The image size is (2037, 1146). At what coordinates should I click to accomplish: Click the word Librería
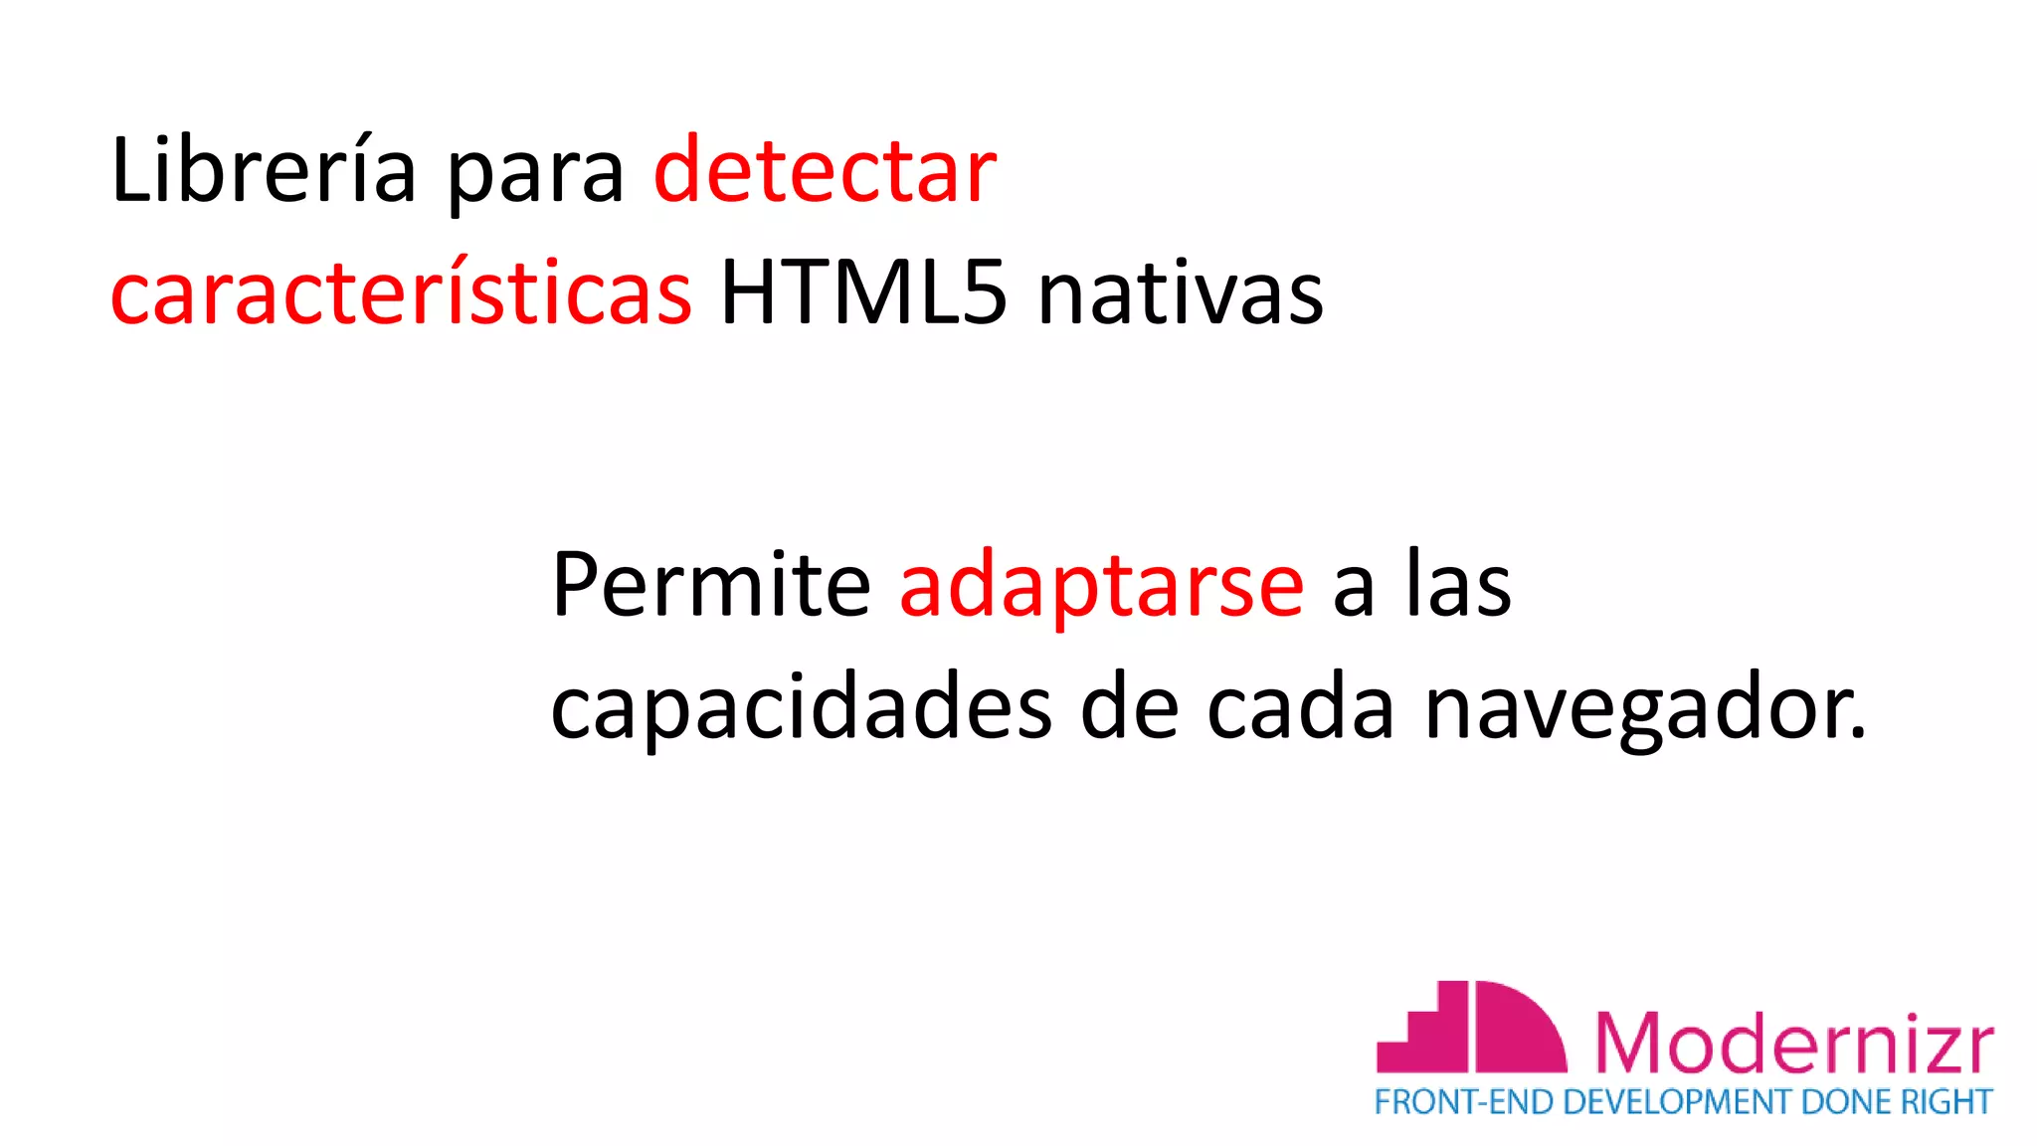(263, 171)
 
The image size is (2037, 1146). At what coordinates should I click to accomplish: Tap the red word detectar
(825, 171)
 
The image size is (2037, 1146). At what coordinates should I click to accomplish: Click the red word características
(401, 293)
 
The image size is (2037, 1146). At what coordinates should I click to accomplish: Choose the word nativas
(1180, 293)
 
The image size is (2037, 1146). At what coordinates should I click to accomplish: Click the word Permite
(711, 585)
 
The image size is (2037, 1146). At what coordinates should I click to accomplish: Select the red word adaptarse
(1101, 587)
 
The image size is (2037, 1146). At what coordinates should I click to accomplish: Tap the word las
(1458, 585)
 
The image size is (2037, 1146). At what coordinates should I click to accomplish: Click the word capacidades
(801, 708)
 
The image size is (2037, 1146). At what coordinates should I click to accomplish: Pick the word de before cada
(1130, 708)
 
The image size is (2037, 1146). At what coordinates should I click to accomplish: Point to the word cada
(1301, 708)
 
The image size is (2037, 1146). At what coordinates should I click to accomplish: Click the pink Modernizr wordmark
(1794, 1043)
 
